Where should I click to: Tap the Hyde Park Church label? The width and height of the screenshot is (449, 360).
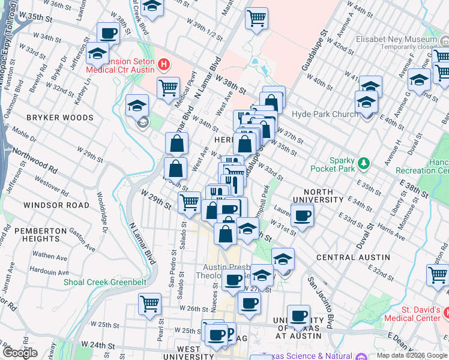click(325, 115)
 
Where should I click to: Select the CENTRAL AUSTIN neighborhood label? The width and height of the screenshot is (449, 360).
click(353, 257)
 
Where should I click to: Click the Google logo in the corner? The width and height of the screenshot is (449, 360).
click(19, 353)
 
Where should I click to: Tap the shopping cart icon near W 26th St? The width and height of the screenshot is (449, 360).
click(149, 303)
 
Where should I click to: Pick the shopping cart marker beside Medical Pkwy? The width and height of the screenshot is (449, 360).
click(168, 88)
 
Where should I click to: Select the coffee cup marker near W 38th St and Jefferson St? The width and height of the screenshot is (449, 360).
click(108, 33)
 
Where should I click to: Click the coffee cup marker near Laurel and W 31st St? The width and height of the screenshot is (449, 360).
click(302, 214)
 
